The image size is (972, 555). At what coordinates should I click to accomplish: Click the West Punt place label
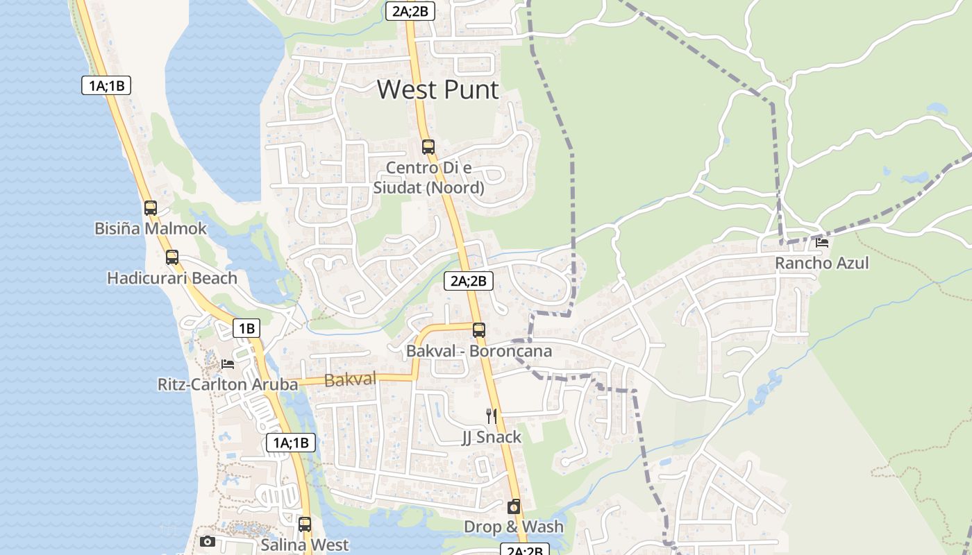(437, 90)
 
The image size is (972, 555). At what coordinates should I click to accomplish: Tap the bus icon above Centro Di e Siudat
(428, 147)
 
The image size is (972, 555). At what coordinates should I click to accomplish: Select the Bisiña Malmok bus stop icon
(151, 207)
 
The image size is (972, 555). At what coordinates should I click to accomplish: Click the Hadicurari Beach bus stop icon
(172, 257)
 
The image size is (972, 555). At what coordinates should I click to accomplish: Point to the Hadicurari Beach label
(171, 278)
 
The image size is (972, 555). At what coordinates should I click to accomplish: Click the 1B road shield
(246, 328)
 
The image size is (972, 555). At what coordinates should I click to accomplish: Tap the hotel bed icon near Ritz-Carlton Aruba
(228, 364)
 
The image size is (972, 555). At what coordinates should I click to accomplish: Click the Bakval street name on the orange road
(350, 379)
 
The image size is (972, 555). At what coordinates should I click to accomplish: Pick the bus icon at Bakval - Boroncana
(478, 330)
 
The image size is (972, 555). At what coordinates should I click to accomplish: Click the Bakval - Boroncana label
(479, 351)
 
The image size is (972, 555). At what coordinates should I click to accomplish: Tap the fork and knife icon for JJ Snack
(492, 416)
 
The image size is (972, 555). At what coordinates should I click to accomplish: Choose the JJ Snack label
(492, 437)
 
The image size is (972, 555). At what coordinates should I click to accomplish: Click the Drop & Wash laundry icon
(514, 506)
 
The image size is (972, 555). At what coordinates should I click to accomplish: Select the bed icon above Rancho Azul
(822, 242)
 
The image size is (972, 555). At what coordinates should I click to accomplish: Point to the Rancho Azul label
(821, 264)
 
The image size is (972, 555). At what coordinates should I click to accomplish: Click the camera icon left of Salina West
(207, 541)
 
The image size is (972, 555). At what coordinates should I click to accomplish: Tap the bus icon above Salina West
(305, 524)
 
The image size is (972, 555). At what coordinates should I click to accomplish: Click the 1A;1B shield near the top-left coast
(106, 85)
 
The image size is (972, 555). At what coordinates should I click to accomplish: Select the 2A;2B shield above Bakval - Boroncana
(469, 281)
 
